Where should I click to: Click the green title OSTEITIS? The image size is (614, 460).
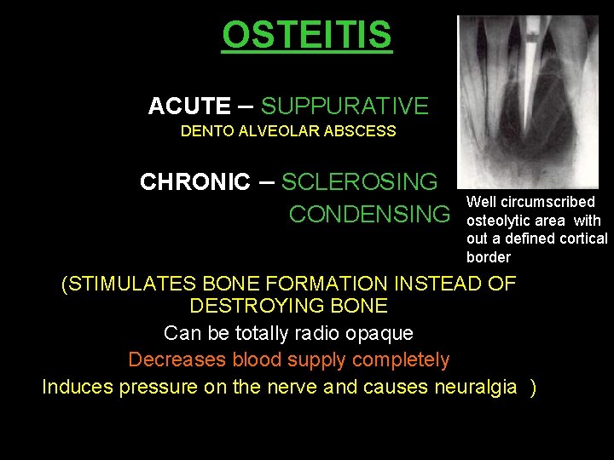click(x=307, y=36)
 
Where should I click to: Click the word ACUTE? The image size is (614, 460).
click(x=188, y=106)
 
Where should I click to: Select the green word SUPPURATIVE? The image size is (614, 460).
click(x=345, y=106)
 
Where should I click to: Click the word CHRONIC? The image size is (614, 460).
click(x=195, y=182)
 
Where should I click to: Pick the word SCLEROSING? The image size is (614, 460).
click(x=359, y=182)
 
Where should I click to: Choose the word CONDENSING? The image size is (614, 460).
click(x=368, y=215)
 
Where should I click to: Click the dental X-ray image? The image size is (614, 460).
click(x=527, y=102)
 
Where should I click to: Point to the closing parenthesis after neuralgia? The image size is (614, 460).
click(x=533, y=388)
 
